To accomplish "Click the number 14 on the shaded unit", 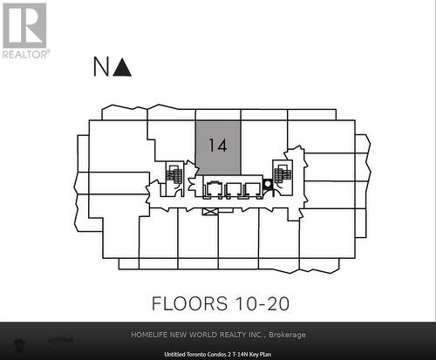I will (217, 146).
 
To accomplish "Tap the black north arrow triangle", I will (123, 66).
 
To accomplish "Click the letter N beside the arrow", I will (102, 66).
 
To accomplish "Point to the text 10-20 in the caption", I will (260, 304).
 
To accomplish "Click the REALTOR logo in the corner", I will (24, 30).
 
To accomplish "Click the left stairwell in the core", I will (174, 175).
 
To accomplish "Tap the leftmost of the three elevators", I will (213, 188).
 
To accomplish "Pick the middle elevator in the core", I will (233, 188).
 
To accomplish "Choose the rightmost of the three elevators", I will (253, 188).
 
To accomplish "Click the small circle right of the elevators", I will (268, 183).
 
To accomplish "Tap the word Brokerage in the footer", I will (289, 335).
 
